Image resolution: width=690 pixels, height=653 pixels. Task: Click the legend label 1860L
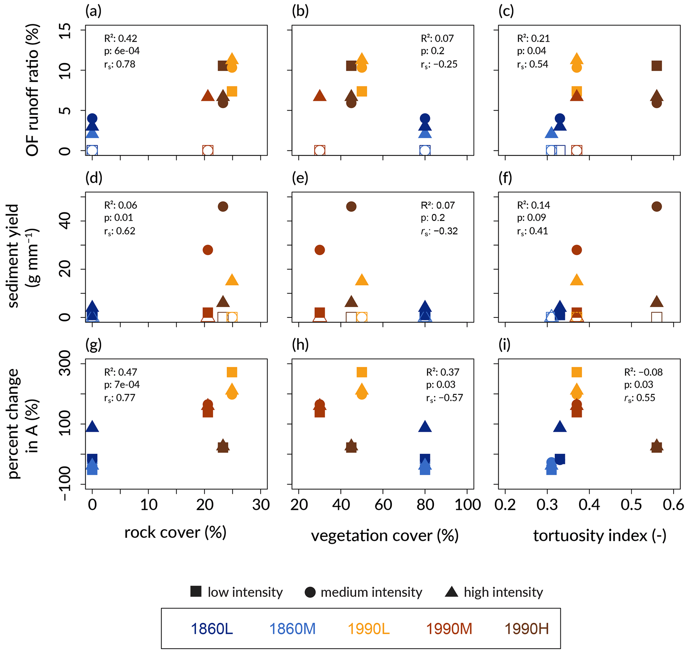tap(212, 629)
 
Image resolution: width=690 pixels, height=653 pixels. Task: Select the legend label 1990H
tap(526, 629)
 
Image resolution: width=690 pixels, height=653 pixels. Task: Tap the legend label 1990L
tap(369, 629)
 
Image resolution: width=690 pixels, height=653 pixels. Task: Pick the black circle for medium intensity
tap(310, 592)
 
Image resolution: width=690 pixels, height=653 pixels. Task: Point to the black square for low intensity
tap(196, 591)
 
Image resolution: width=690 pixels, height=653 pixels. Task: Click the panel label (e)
tap(300, 178)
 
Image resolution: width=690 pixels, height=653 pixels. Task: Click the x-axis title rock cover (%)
tap(176, 532)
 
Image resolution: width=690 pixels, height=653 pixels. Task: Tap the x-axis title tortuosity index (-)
tap(600, 535)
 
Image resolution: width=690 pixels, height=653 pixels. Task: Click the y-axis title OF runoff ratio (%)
tap(32, 90)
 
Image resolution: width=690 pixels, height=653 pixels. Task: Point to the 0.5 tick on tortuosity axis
tap(631, 504)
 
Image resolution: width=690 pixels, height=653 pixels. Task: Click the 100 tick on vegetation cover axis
tap(468, 504)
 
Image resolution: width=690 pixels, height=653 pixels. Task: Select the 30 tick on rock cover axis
tap(261, 504)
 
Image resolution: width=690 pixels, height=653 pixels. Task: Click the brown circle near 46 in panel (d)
tap(223, 206)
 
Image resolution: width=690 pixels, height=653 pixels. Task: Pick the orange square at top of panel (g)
tap(232, 372)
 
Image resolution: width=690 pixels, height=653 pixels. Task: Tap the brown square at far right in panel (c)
tap(657, 65)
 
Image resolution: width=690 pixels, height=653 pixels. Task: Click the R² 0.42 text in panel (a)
tap(121, 38)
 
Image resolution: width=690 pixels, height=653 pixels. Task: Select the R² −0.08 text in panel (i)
tap(643, 372)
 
